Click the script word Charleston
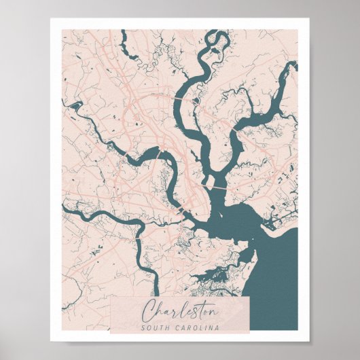[179, 312]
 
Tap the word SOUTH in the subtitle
[154, 329]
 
